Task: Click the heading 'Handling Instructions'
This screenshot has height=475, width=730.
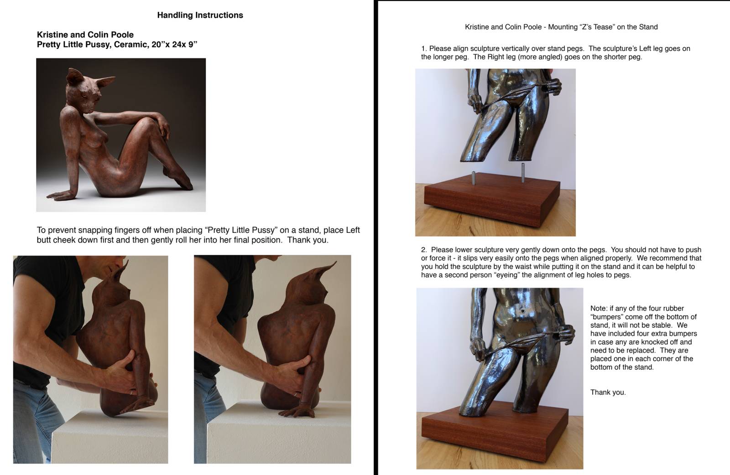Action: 200,15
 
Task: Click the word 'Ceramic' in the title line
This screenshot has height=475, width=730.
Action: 128,45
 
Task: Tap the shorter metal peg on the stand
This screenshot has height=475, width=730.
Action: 474,178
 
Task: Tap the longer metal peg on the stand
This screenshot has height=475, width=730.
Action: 523,173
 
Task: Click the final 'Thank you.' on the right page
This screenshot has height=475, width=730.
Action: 608,392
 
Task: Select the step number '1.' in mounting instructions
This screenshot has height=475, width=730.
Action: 424,48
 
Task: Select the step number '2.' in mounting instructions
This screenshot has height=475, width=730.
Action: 424,250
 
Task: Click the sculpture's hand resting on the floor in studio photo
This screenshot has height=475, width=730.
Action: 60,195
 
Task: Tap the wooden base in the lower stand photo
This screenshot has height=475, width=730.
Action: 495,430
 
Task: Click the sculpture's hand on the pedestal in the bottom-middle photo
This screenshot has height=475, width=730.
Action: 297,412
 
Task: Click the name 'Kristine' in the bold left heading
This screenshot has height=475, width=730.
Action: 52,35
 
